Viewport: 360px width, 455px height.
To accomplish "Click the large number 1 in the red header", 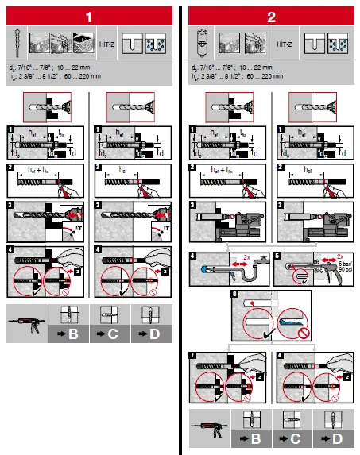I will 91,15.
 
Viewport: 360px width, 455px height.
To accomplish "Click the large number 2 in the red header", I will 272,15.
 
